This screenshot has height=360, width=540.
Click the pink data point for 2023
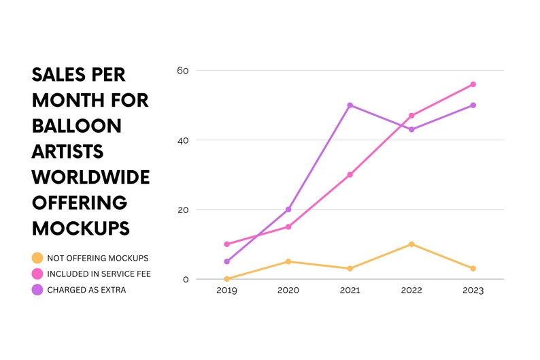pyautogui.click(x=473, y=84)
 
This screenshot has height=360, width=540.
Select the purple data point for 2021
pyautogui.click(x=350, y=105)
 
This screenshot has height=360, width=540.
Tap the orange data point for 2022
pyautogui.click(x=411, y=244)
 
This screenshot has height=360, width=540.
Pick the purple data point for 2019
pyautogui.click(x=226, y=261)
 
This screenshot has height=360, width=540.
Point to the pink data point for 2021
pyautogui.click(x=350, y=175)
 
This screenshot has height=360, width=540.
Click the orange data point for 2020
pyautogui.click(x=288, y=261)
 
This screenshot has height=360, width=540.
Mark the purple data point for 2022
pyautogui.click(x=411, y=129)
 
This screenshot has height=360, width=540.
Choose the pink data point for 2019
pyautogui.click(x=226, y=244)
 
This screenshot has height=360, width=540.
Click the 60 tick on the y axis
pyautogui.click(x=183, y=71)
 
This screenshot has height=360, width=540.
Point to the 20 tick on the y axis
pyautogui.click(x=183, y=210)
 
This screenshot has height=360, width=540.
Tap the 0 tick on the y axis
pyautogui.click(x=186, y=280)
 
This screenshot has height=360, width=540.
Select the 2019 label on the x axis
pyautogui.click(x=226, y=291)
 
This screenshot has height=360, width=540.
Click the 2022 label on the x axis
pyautogui.click(x=411, y=291)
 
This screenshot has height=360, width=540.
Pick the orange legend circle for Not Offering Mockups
pyautogui.click(x=37, y=258)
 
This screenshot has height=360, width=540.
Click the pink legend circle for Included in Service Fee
pyautogui.click(x=37, y=274)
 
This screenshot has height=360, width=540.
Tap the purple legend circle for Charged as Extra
pyautogui.click(x=37, y=290)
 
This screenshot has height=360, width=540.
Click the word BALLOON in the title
pyautogui.click(x=77, y=126)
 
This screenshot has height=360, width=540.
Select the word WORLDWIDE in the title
pyautogui.click(x=91, y=177)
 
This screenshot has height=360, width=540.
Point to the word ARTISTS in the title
pyautogui.click(x=67, y=152)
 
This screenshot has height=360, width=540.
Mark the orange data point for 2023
pyautogui.click(x=473, y=268)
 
